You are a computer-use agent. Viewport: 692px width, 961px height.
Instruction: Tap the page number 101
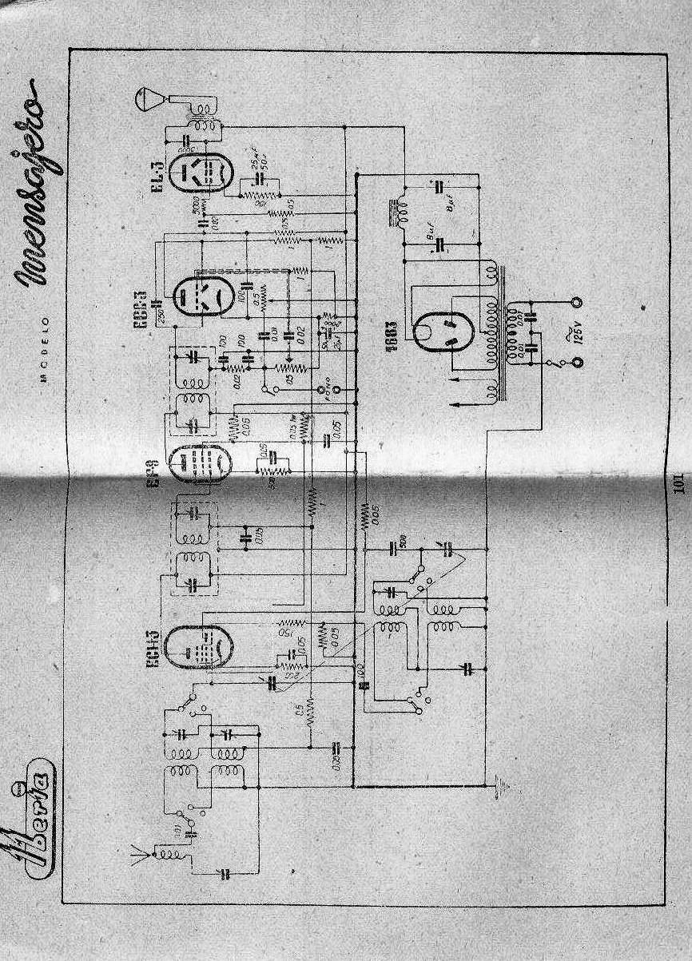pyautogui.click(x=678, y=485)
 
